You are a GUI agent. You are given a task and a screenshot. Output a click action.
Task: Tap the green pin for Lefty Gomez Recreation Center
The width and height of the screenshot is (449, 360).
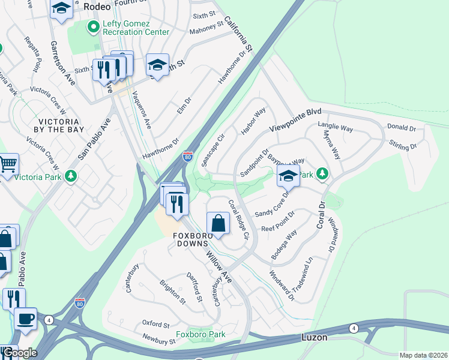click(92, 27)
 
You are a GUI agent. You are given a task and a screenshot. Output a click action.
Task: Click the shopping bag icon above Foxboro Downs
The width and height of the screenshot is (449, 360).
click(218, 224)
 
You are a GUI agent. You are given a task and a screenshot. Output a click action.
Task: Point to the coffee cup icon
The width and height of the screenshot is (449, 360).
click(25, 319)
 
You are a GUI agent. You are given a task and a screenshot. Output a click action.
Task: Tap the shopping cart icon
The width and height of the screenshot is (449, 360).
click(8, 163)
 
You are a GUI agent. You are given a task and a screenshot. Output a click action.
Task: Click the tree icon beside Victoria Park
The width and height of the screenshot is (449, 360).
click(71, 176)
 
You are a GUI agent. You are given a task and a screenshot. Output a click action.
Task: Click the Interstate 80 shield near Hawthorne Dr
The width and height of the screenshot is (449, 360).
click(188, 156)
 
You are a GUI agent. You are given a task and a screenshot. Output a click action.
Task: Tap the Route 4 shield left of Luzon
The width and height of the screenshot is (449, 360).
click(354, 328)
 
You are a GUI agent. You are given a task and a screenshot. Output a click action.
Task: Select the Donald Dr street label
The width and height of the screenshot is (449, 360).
click(402, 128)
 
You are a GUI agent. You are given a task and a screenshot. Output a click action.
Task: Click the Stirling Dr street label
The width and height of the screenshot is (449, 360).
click(403, 146)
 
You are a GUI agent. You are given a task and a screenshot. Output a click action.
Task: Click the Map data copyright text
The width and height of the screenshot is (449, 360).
click(423, 355)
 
